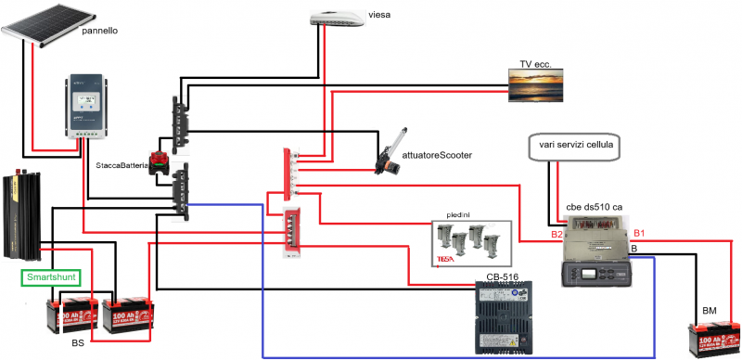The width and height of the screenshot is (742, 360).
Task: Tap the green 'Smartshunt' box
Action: pyautogui.click(x=50, y=276)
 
